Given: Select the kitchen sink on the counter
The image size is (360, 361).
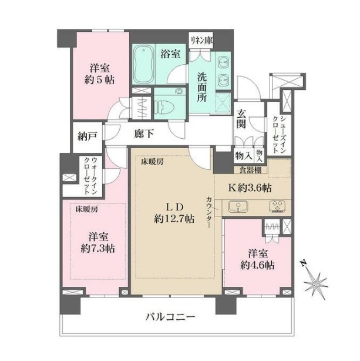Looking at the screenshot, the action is click(238, 206).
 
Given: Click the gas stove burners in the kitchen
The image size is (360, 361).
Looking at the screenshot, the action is click(277, 206).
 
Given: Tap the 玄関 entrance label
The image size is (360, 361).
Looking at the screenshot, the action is click(241, 119).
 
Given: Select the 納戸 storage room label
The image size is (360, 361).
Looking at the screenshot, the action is click(87, 136).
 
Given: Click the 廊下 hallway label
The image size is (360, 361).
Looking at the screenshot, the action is click(144, 133).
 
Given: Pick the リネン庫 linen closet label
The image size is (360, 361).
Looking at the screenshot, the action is click(201, 41).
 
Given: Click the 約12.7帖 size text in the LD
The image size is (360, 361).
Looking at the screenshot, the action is click(174, 219).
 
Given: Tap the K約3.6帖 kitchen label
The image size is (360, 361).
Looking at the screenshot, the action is click(250, 188).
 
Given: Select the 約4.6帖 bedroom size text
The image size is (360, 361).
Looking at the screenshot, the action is click(257, 266).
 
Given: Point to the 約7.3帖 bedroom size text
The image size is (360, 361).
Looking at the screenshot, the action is click(97, 249).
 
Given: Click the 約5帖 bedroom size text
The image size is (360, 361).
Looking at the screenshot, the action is click(99, 80).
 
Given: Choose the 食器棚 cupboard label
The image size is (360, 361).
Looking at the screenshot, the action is click(251, 170).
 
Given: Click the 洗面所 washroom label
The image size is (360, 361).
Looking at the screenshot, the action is click(202, 87).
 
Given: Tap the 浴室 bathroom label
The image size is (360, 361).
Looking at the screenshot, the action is click(170, 54).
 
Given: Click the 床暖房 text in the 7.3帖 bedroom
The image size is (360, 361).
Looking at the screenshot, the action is click(87, 209).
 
